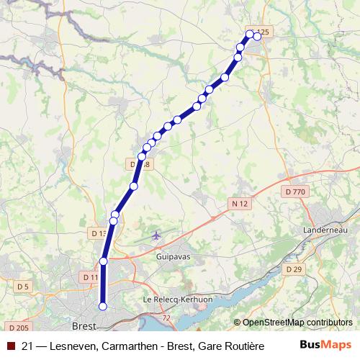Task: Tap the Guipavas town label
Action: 173,255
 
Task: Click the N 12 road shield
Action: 240,204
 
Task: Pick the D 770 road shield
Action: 295,192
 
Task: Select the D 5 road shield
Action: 24,287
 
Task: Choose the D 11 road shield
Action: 91,277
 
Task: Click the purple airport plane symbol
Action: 157,235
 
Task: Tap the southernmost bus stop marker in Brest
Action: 102,307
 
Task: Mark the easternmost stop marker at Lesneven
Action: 257,36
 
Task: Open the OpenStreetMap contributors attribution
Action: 297,323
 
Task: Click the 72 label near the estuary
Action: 167,317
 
